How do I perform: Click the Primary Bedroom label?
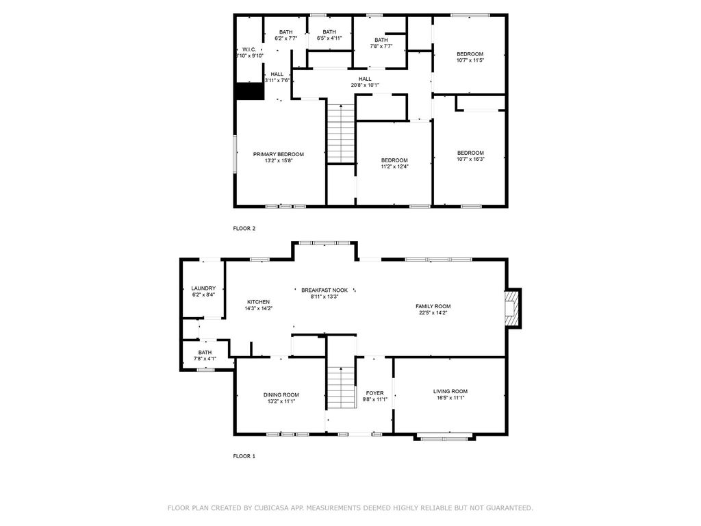click(278, 154)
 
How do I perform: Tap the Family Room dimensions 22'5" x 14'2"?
click(433, 312)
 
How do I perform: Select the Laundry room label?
click(203, 288)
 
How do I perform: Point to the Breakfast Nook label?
click(324, 290)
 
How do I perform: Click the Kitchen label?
click(258, 302)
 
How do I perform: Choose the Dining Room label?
click(281, 395)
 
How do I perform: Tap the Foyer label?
click(374, 393)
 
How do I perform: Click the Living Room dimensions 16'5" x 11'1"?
click(450, 398)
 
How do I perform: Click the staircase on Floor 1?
click(342, 388)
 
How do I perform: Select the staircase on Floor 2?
click(341, 134)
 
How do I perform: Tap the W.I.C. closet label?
click(249, 49)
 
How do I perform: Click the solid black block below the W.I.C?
click(249, 91)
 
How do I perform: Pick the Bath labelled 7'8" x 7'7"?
click(381, 43)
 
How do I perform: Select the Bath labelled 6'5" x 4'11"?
click(329, 35)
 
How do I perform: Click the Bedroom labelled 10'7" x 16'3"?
click(470, 155)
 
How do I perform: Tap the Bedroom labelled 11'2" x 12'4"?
click(394, 163)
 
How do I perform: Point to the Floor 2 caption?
click(244, 229)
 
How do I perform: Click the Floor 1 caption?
click(244, 456)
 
